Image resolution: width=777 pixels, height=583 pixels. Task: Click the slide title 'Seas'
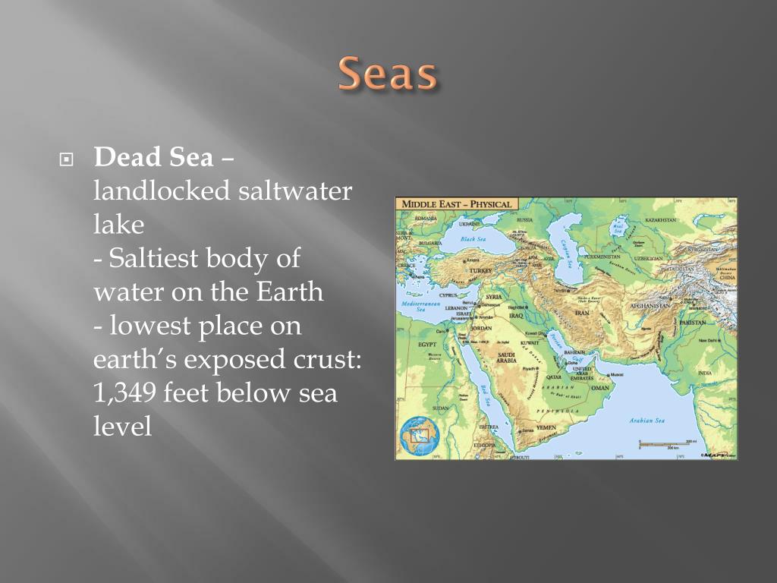click(x=388, y=75)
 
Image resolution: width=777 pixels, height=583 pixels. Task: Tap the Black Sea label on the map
click(x=473, y=239)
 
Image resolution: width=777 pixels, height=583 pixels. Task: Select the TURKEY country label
click(x=480, y=270)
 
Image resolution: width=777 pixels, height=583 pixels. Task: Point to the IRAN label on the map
click(x=582, y=312)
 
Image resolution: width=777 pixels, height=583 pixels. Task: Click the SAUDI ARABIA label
click(x=506, y=358)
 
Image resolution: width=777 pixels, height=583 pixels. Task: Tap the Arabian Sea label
click(x=646, y=421)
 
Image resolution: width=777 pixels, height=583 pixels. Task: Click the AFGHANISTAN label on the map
click(x=650, y=305)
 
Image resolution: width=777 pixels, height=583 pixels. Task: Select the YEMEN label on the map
click(x=546, y=427)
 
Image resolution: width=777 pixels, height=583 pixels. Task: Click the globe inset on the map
click(x=419, y=436)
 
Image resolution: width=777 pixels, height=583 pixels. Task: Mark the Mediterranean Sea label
click(x=420, y=306)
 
